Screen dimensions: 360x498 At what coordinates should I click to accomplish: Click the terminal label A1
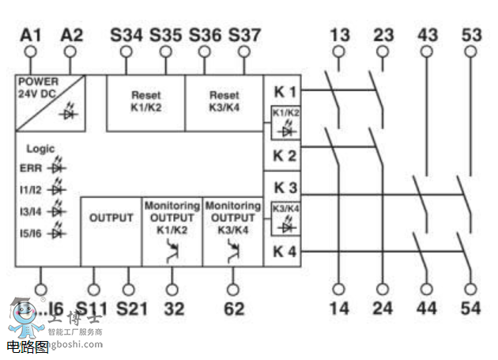click(31, 35)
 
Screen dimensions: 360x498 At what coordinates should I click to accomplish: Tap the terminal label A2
click(71, 35)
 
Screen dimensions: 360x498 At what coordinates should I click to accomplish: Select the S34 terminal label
click(126, 35)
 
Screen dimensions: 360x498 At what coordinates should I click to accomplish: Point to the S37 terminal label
click(244, 35)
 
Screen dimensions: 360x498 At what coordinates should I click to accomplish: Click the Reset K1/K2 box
click(145, 102)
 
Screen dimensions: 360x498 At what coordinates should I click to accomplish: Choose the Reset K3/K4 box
click(224, 102)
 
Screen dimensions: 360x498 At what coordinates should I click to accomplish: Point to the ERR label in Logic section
click(31, 168)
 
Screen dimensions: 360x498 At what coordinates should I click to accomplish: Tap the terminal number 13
click(339, 35)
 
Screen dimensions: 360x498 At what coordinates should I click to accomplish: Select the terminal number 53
click(470, 35)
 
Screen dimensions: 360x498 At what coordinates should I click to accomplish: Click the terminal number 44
click(428, 309)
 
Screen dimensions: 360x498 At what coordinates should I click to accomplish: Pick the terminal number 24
click(383, 309)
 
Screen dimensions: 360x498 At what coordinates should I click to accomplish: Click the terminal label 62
click(234, 309)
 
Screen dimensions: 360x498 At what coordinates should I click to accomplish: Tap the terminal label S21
click(132, 309)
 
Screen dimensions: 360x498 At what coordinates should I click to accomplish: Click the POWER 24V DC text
click(36, 87)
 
